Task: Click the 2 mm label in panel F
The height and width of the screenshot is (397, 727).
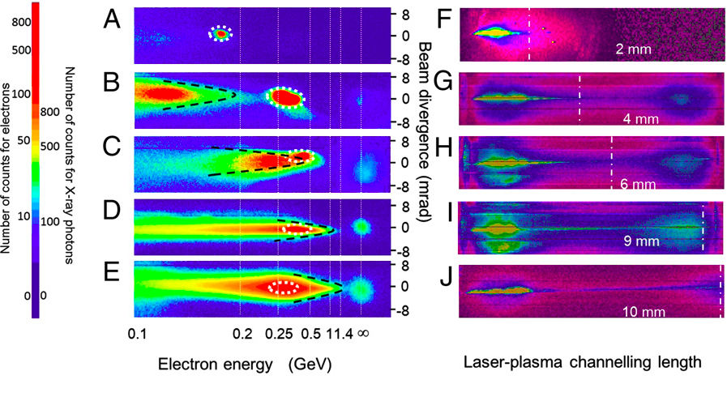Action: pos(631,49)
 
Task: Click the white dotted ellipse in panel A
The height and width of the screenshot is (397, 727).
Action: pos(220,34)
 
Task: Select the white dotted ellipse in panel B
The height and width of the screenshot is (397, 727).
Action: pos(285,97)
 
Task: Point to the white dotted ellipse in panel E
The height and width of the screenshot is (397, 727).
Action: pos(284,286)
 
